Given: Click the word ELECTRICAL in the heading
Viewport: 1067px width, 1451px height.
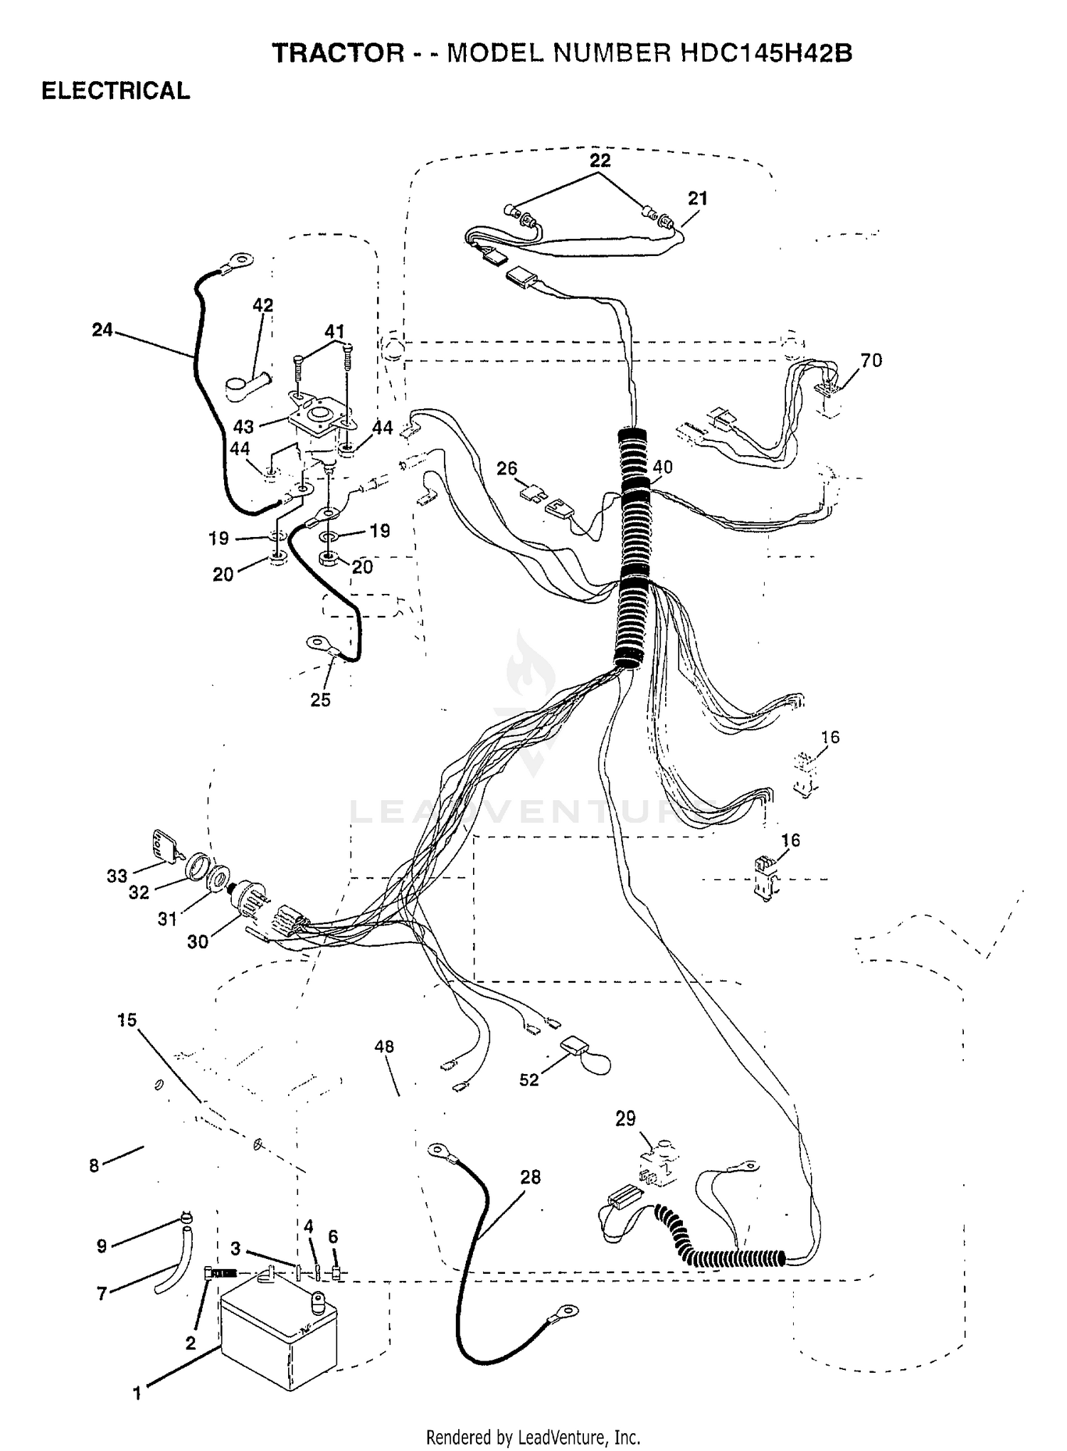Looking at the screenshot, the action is [116, 91].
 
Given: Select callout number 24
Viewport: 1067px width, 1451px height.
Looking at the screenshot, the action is [102, 330].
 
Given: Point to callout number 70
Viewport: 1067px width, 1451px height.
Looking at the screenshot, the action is [871, 361].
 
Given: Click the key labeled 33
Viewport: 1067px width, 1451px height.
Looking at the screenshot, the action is [164, 846].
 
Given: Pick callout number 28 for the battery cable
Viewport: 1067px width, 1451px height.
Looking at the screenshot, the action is [531, 1177].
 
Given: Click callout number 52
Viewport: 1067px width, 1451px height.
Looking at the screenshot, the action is [529, 1080].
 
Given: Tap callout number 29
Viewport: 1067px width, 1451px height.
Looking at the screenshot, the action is [625, 1119].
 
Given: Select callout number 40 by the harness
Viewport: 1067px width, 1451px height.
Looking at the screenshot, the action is [662, 467].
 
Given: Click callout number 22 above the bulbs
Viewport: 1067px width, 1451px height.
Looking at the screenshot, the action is [600, 161].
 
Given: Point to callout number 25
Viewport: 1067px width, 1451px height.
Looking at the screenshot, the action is [320, 700].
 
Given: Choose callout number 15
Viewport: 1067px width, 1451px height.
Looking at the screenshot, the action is [127, 1020].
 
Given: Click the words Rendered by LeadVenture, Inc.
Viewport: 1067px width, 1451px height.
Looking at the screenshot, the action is [533, 1437].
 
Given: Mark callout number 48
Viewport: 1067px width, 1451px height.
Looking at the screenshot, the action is [384, 1046].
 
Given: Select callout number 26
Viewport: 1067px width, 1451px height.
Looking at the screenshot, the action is [507, 469].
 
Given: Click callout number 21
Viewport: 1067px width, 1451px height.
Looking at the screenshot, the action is [698, 198].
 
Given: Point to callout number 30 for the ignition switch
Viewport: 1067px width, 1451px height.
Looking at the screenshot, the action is [198, 942].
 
